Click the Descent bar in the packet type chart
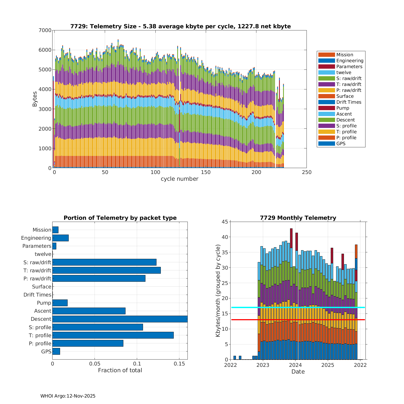pos(120,319)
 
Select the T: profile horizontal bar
pos(113,335)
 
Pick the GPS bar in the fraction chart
pos(56,351)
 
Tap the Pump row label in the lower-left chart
pos(44,303)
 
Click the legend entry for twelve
pos(344,72)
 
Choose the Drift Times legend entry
pos(349,102)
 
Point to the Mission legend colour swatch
pos(326,55)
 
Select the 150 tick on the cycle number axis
pos(206,172)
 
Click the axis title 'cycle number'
pos(179,179)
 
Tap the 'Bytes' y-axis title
pos(35,99)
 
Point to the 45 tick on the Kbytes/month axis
pos(224,222)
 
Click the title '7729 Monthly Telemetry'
pos(298,218)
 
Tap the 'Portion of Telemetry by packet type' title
pos(120,218)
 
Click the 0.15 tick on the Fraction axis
pos(179,364)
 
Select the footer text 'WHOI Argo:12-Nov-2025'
pos(68,396)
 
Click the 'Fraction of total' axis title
pos(120,370)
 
